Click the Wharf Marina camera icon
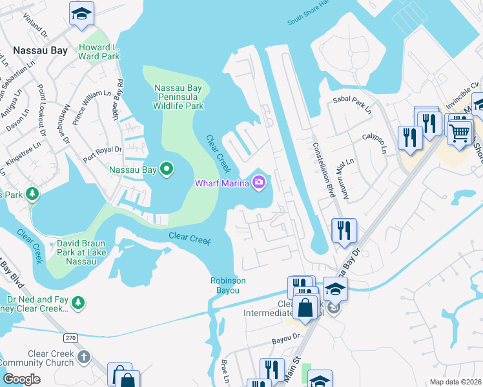tap(259, 184)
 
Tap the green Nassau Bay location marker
tap(167, 170)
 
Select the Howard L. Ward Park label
tap(99, 52)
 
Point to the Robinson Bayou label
tap(228, 285)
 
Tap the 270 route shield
tap(70, 337)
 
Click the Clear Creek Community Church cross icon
tap(83, 357)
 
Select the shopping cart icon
tap(460, 133)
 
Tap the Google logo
tap(21, 379)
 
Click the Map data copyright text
tap(455, 382)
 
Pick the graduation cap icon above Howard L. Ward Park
tap(82, 14)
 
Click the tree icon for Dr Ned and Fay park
tap(77, 302)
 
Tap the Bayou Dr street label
tap(287, 337)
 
